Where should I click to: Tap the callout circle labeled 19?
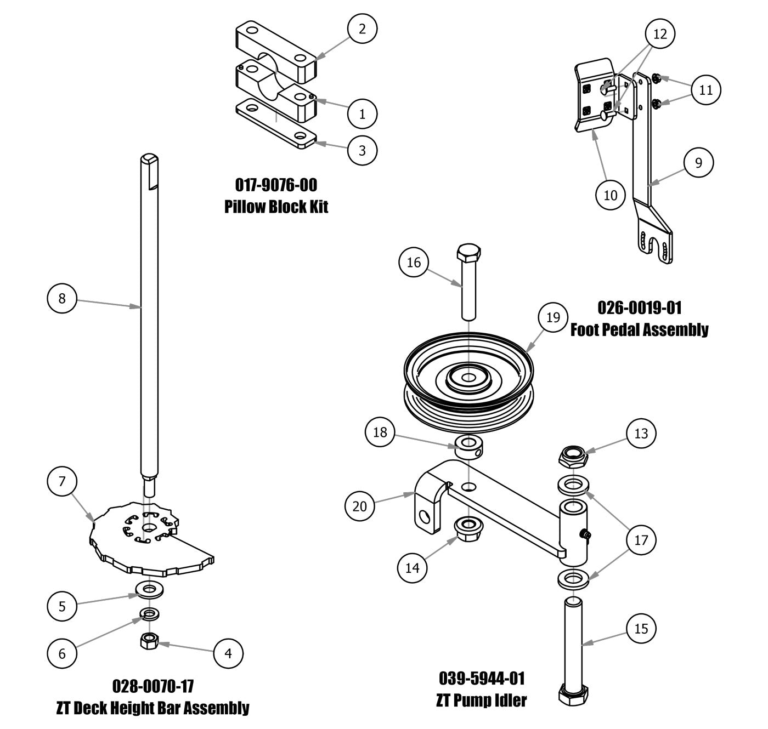tap(553, 317)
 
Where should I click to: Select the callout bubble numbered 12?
tap(660, 34)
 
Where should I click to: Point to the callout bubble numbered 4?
tap(228, 653)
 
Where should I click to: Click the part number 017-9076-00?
tap(276, 184)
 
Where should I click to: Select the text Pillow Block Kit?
tap(276, 207)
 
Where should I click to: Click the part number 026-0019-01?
tap(640, 307)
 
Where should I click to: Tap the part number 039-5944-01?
tap(482, 679)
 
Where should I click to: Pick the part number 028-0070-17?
tap(153, 686)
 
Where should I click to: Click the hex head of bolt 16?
tap(468, 253)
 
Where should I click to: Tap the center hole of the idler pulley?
tap(469, 378)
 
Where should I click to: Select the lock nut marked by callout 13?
tap(573, 456)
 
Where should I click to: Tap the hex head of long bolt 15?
tap(573, 695)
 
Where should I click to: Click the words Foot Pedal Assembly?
tap(640, 329)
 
